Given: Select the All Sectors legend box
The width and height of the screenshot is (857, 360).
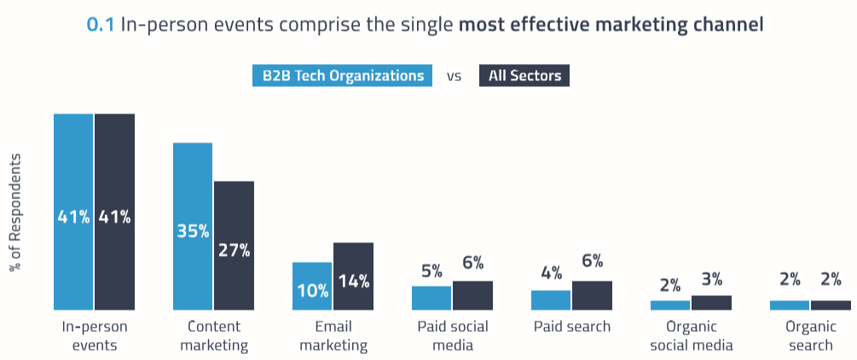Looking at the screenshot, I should coord(524,75).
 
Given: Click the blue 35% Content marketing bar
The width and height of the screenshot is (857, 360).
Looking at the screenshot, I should coord(193,226).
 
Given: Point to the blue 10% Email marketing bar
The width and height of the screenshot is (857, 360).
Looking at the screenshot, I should coord(312,286).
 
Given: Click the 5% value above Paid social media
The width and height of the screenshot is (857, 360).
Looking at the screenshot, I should coord(431,272).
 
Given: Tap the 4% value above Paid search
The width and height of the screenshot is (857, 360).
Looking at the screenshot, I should coord(551,273).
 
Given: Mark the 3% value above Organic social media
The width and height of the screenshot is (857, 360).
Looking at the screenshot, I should coord(711,279).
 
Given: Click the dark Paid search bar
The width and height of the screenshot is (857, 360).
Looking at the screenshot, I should coord(592,295).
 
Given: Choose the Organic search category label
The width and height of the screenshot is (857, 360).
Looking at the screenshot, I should coord(810,335).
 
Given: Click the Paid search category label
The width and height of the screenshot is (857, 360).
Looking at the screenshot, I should coord(571,327).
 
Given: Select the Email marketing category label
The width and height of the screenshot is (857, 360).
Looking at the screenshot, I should coord(333,335).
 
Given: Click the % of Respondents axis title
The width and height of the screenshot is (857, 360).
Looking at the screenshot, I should coord(14,212).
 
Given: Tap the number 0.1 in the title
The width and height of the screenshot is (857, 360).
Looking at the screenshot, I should coord(101,25).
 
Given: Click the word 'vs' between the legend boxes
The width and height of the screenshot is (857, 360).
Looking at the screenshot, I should coord(454,76).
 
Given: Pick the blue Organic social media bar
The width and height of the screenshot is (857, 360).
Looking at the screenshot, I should coord(670,305).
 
